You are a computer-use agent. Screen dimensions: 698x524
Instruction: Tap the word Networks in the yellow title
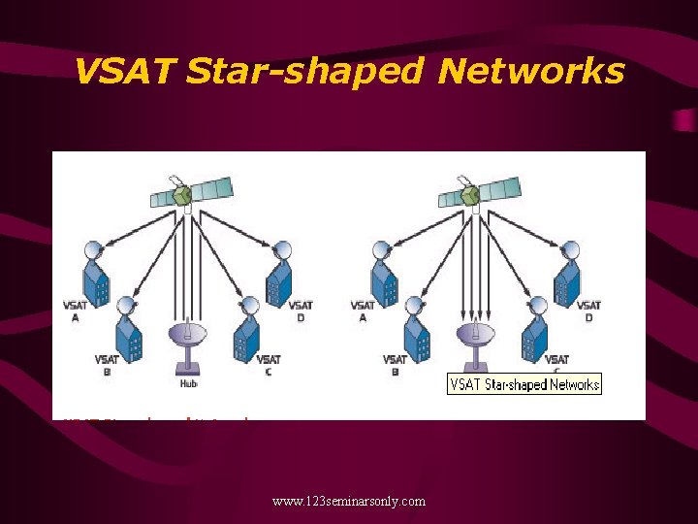(529, 71)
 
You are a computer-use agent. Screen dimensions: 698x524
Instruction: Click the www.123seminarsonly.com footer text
(349, 501)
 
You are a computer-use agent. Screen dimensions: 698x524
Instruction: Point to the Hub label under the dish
(188, 384)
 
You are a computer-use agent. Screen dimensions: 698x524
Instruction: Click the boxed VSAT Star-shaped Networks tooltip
(524, 384)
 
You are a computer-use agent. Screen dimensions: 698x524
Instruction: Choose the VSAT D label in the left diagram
(301, 311)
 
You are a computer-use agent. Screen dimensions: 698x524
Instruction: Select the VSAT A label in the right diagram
(364, 311)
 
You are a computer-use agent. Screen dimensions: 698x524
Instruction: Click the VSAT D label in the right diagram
(587, 311)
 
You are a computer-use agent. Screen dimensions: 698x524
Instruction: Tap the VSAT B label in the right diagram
(396, 366)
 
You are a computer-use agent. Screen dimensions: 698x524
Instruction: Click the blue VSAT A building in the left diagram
(96, 277)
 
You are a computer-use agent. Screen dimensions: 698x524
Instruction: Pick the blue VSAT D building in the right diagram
(568, 277)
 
